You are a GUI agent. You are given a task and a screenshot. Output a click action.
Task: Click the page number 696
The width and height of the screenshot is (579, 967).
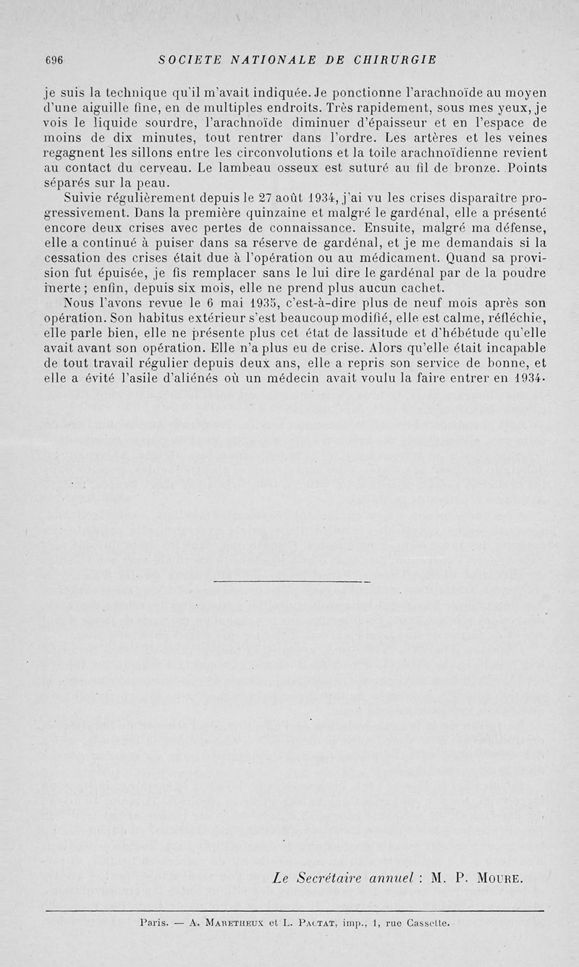(54, 60)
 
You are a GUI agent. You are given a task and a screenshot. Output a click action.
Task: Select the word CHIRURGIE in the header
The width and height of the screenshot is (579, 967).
(395, 59)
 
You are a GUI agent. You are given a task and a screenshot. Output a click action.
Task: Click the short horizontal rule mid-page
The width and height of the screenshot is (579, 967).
(292, 581)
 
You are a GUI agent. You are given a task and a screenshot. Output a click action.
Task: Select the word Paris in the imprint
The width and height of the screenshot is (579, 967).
(153, 923)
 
